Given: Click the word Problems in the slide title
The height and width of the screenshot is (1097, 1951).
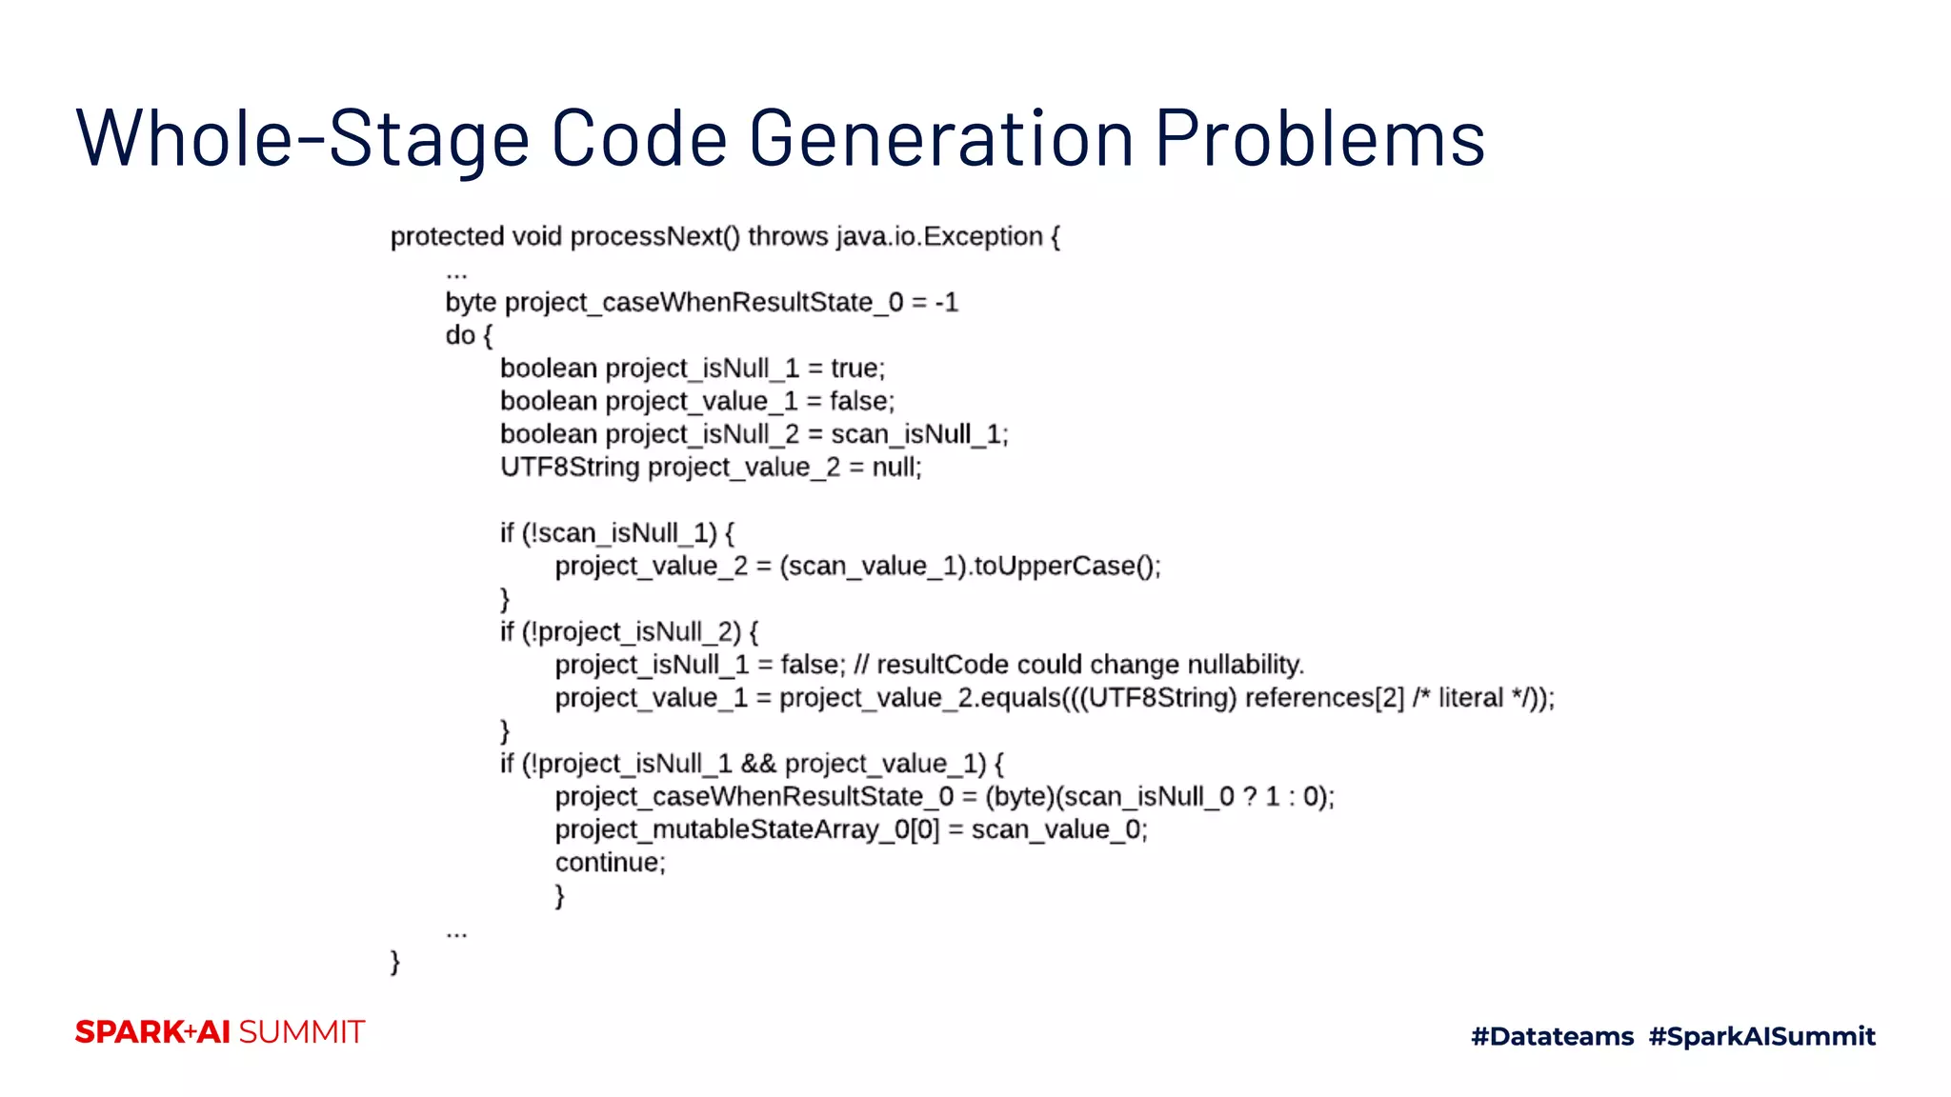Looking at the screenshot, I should (x=1319, y=139).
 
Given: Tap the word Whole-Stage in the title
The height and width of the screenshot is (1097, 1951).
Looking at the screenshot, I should (x=302, y=139).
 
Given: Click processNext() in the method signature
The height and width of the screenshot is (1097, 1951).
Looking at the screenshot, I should (x=654, y=236).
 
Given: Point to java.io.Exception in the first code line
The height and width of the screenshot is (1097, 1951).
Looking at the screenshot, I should (x=939, y=236).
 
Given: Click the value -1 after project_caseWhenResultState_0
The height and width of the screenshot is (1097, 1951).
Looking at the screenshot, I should (x=946, y=303).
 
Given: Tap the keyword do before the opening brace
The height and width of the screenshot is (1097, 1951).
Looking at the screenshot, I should (x=459, y=335).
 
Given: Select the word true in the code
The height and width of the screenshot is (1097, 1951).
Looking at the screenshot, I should (x=855, y=369).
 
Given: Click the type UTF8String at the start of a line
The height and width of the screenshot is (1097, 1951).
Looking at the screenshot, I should (x=569, y=468).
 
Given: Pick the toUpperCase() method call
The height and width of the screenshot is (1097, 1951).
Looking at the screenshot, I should (x=1064, y=567).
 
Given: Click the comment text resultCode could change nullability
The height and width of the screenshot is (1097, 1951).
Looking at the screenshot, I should (x=1090, y=665).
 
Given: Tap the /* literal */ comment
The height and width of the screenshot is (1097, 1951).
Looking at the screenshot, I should (x=1479, y=698).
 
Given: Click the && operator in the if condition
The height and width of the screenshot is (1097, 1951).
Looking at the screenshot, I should (x=758, y=764).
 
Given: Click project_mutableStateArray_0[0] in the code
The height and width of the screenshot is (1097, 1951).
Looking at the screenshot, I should (x=747, y=830).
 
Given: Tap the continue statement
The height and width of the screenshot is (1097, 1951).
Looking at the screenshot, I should (x=610, y=863).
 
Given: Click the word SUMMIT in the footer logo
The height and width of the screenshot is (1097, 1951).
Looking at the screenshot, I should (x=301, y=1032).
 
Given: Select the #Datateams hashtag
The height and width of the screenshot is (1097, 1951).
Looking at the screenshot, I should (x=1552, y=1036).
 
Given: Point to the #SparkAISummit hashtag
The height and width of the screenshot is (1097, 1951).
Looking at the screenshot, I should (x=1761, y=1036).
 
